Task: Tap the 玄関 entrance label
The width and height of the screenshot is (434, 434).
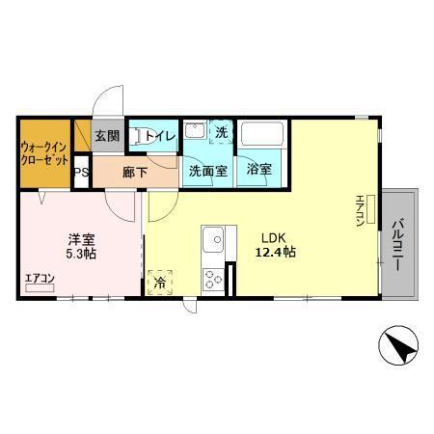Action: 107,137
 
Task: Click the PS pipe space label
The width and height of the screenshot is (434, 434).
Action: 83,174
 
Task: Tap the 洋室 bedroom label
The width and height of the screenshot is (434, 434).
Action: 80,238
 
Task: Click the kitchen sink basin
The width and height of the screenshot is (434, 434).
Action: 212,237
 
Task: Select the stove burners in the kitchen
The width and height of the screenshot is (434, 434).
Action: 212,278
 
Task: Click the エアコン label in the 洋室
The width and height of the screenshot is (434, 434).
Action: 41,279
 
